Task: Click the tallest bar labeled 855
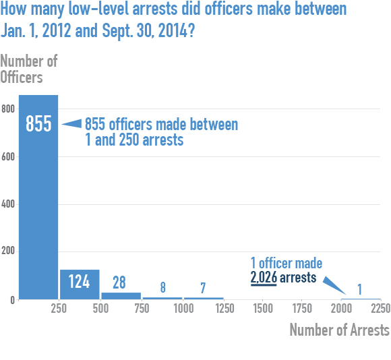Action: point(38,202)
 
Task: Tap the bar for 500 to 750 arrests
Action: point(121,295)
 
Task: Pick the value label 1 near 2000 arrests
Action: point(359,289)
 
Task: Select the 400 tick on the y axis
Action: point(7,204)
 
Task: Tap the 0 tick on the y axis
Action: point(11,299)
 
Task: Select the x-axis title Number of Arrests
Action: point(339,330)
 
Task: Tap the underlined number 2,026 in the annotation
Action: point(263,277)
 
